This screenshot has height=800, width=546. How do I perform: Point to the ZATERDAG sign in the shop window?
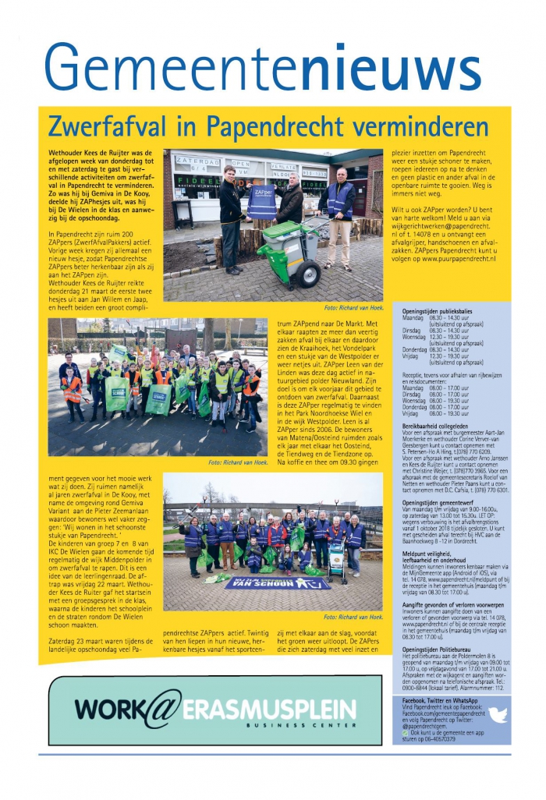coord(197,161)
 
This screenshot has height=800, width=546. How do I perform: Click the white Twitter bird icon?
coord(497,714)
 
